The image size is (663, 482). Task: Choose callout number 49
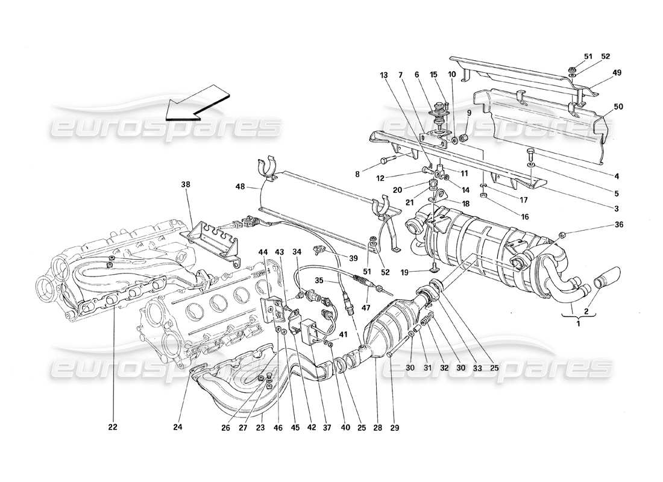(617, 73)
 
